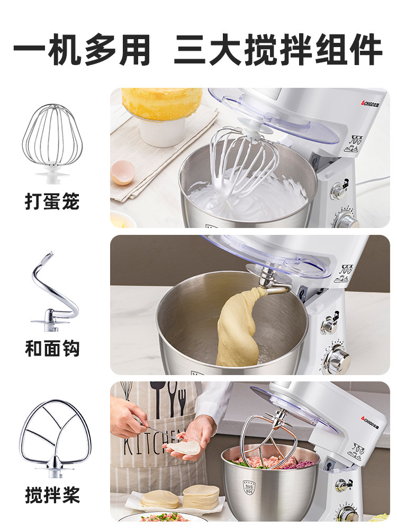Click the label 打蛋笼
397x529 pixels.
[52, 202]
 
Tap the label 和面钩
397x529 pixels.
[52, 349]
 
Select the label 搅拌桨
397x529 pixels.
[52, 495]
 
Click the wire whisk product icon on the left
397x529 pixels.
[52, 143]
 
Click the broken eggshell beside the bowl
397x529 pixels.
[123, 172]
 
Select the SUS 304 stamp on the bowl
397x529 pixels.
[249, 488]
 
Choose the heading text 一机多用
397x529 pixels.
[82, 50]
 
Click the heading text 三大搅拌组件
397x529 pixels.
[278, 49]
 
